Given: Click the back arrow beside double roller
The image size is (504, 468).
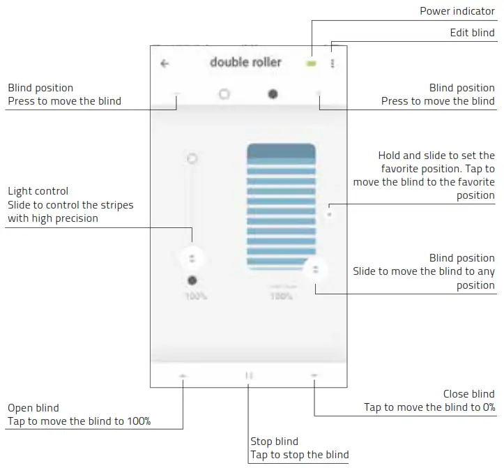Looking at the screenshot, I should coord(165,63).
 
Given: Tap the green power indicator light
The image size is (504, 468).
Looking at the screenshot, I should coord(311,63).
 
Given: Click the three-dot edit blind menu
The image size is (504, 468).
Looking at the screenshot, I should coord(333,63).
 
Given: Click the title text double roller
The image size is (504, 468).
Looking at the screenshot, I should coord(245,62).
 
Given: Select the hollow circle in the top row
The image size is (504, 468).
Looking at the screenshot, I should coord(224,93).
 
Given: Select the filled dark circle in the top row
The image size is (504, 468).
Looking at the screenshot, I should coord(273,93).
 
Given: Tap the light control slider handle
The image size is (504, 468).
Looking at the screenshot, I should coord(192,258).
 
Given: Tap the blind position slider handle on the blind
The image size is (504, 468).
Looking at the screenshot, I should coord(315,269).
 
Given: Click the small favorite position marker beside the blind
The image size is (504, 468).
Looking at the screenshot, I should coord(330,213).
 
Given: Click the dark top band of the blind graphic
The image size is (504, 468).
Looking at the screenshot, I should coord(281,151).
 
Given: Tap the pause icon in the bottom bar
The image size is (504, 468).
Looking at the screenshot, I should coord(249,375).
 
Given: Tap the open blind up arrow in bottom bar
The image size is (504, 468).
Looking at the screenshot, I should coord(183,375).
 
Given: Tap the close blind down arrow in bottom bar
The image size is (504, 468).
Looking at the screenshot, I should coord(314,375).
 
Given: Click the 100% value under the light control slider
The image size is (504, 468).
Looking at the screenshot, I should coord(195,296).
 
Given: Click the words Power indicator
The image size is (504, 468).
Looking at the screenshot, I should coord(457,11).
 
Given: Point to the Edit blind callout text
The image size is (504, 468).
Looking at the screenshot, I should coord(472,33).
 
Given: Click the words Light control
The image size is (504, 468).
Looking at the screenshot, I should coord(38,191).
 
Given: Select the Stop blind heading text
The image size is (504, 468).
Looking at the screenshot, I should coord(274,441).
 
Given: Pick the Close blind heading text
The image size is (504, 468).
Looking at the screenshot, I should coord(468,394).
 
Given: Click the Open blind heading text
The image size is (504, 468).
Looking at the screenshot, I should coord(33,408).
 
